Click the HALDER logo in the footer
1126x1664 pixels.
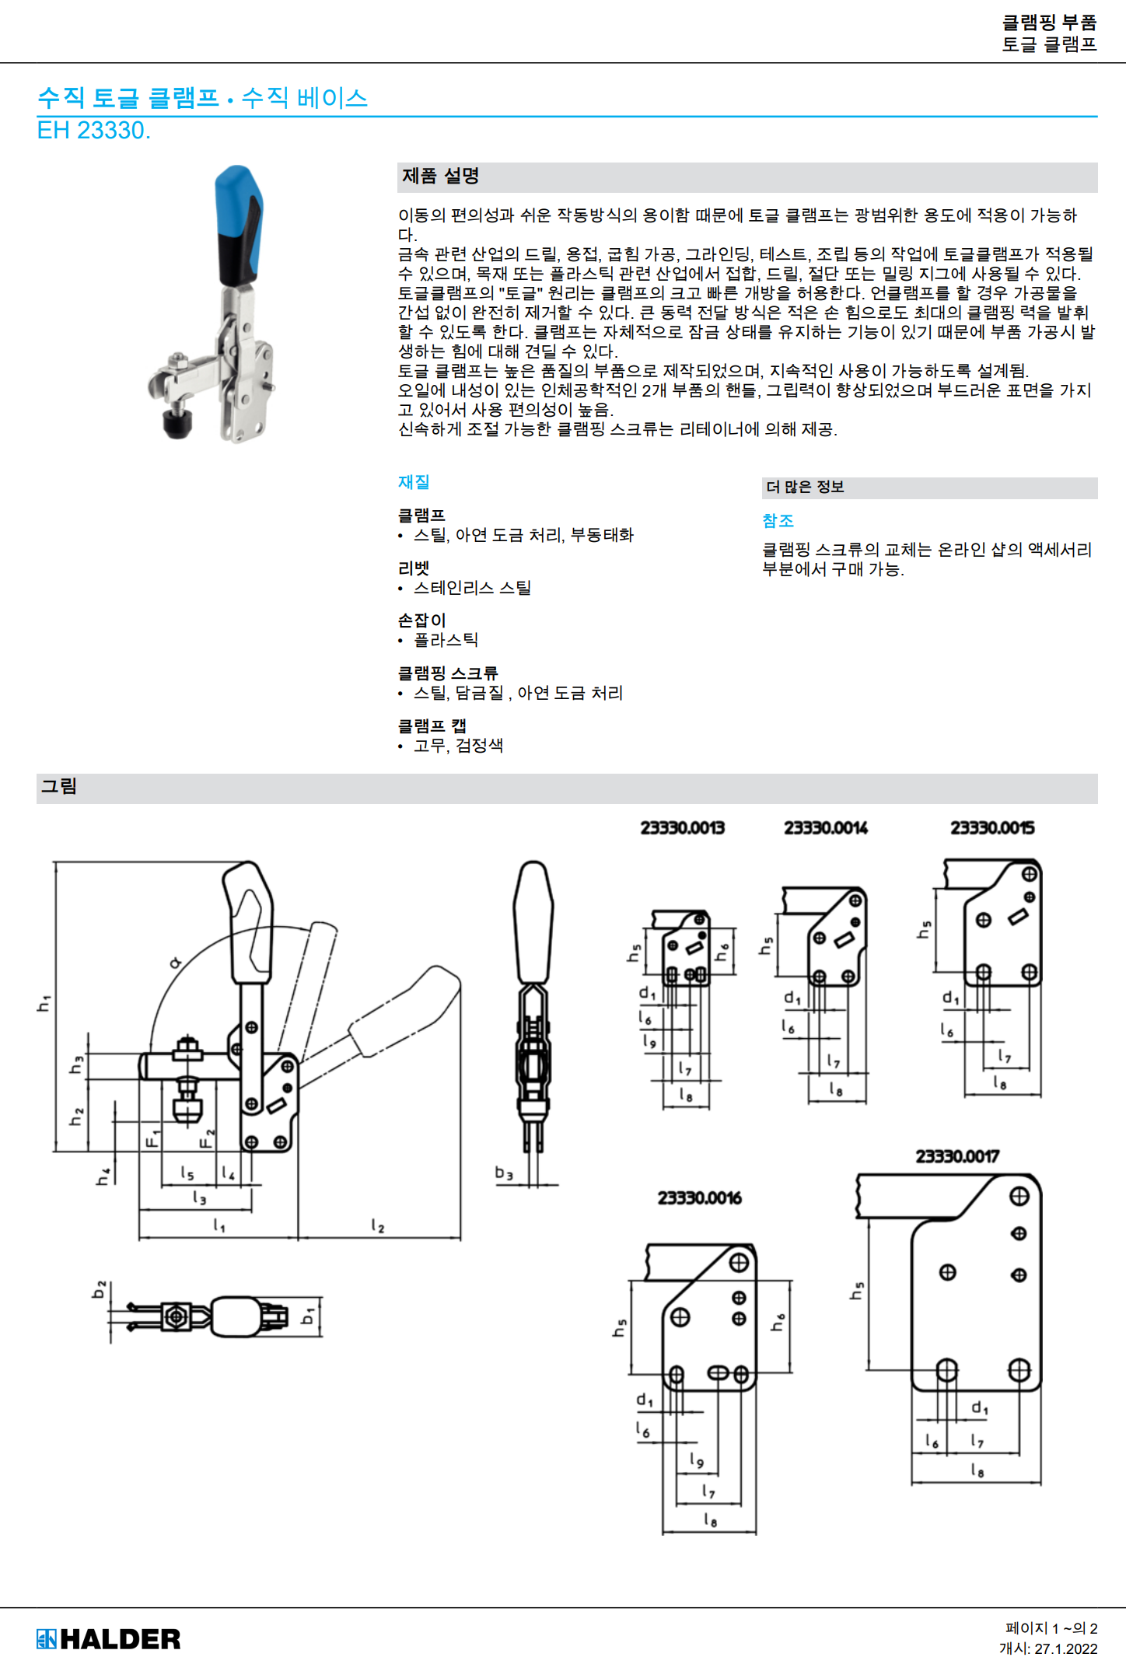point(108,1639)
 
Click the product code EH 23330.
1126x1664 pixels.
point(93,131)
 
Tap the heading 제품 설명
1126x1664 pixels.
point(440,177)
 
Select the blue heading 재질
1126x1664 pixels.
point(414,482)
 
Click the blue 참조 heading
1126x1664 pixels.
point(778,521)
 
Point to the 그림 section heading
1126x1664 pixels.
point(59,787)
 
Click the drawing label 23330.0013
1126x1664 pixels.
point(682,828)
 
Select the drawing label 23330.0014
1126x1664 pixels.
point(825,828)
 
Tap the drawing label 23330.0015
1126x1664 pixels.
point(992,828)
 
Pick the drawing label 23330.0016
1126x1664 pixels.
point(699,1198)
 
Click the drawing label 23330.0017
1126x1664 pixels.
point(957,1157)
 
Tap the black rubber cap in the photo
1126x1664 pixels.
point(178,425)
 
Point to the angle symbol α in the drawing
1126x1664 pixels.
point(176,963)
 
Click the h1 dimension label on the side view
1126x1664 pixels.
point(44,1003)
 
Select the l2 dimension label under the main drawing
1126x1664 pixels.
point(378,1226)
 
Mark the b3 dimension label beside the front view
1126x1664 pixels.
point(504,1173)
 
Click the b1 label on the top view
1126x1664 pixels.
point(308,1316)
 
